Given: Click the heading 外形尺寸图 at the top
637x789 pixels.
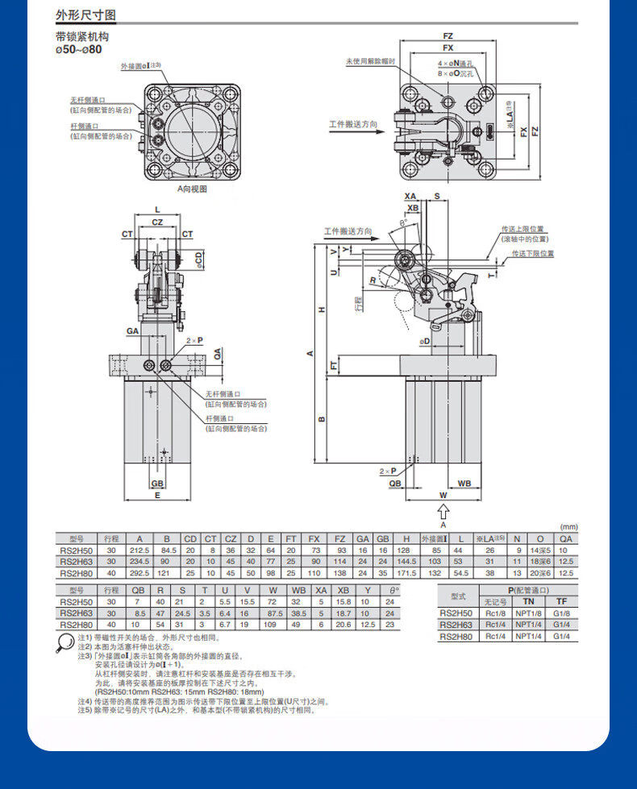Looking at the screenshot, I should coord(85,15).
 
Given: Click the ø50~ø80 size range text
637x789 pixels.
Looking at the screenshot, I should coord(78,49).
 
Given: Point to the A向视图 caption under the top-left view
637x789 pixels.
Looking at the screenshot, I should coord(193,189).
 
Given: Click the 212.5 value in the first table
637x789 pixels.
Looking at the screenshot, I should coord(140,550).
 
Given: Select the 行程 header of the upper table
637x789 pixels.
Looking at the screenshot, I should coord(111,538).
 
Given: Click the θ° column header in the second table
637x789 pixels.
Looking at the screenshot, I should coord(390,591).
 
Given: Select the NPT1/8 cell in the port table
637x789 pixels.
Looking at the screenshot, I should coord(529,613).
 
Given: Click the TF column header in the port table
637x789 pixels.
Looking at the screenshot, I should coord(563,602).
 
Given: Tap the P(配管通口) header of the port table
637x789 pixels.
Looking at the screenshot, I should coord(529,591).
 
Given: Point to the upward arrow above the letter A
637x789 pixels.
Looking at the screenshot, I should coord(442,511).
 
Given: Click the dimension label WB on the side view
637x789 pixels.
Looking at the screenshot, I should coord(464,484).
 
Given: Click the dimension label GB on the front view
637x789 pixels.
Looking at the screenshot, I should coord(157,484).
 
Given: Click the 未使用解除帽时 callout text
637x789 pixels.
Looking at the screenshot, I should coord(370,61).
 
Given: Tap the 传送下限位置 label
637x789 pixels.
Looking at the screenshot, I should coord(533,253).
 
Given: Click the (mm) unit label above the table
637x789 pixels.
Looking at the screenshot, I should coord(569,526).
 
